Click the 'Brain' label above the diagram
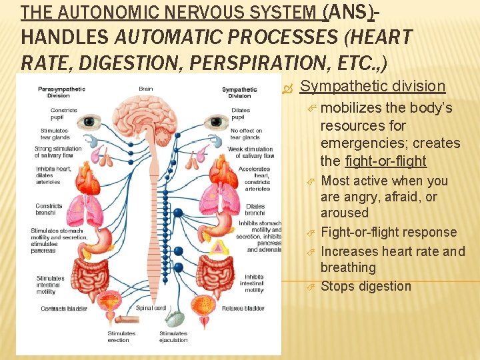(145, 89)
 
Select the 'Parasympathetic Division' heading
(53, 92)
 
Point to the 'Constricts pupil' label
(64, 113)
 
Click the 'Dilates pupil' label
(241, 113)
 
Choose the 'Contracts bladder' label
(63, 309)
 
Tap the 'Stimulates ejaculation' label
(173, 337)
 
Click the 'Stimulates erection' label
(121, 337)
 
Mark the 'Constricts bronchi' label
(49, 210)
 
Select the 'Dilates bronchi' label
(255, 210)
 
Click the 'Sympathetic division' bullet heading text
(373, 86)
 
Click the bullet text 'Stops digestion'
(366, 286)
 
